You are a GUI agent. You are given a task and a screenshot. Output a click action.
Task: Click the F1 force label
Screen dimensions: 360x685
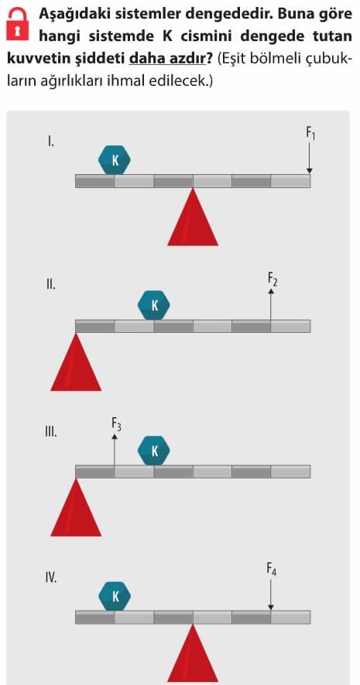[x=310, y=133]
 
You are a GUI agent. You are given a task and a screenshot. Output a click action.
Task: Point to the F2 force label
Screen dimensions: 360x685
[x=272, y=279]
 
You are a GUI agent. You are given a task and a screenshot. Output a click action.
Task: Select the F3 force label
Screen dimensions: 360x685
[x=116, y=423]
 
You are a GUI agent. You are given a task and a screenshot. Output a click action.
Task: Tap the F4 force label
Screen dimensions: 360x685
[x=271, y=569]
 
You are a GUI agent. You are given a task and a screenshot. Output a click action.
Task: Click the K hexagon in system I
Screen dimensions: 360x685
[x=115, y=160]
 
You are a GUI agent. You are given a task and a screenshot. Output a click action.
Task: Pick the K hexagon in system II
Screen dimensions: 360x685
[x=154, y=306]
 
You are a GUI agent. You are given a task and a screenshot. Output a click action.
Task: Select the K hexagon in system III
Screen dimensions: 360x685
[x=154, y=450]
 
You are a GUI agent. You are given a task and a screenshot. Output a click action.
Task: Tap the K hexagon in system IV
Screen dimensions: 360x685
[x=115, y=596]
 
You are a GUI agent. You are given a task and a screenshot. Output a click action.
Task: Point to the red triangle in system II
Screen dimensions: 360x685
[x=76, y=361]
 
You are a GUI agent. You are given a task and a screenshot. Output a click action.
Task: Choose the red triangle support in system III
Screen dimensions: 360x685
[x=76, y=507]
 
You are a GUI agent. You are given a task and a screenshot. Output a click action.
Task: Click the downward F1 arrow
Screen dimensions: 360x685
[x=310, y=158]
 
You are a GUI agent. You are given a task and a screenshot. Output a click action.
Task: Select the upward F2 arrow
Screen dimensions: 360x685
[x=271, y=303]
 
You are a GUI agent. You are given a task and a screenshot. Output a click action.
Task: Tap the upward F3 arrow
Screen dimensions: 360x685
[x=115, y=449]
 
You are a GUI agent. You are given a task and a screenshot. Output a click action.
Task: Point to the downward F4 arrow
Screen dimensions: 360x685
[x=271, y=594]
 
